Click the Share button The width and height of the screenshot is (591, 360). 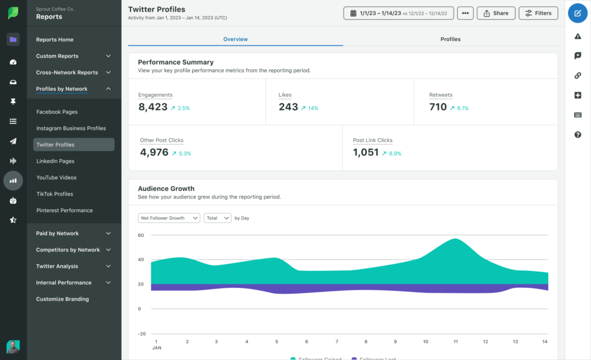click(x=496, y=13)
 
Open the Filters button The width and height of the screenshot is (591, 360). click(x=538, y=13)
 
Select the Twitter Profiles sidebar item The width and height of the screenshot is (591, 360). click(x=73, y=145)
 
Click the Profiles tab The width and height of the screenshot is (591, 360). click(x=450, y=39)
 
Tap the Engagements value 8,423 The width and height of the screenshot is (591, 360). click(x=153, y=107)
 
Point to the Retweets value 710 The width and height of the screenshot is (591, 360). click(x=438, y=107)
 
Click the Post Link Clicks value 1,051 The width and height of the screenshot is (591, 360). click(x=366, y=153)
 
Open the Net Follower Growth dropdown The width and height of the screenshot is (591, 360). click(x=169, y=218)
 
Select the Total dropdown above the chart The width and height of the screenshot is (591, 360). click(x=218, y=218)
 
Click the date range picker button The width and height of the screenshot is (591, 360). click(x=398, y=13)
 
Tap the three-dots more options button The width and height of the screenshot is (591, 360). click(x=465, y=13)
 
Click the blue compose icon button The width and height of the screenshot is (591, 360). click(x=578, y=13)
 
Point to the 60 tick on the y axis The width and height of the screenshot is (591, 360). click(x=140, y=235)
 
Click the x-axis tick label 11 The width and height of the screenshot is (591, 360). click(x=455, y=342)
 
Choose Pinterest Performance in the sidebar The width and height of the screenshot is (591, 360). click(x=64, y=211)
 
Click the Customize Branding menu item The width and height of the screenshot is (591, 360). click(x=62, y=299)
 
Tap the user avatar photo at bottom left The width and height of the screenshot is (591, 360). click(x=13, y=346)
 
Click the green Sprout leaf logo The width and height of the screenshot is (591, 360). click(x=13, y=13)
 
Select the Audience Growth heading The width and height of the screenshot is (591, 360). click(x=166, y=189)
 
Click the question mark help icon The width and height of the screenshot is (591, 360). click(x=578, y=135)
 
